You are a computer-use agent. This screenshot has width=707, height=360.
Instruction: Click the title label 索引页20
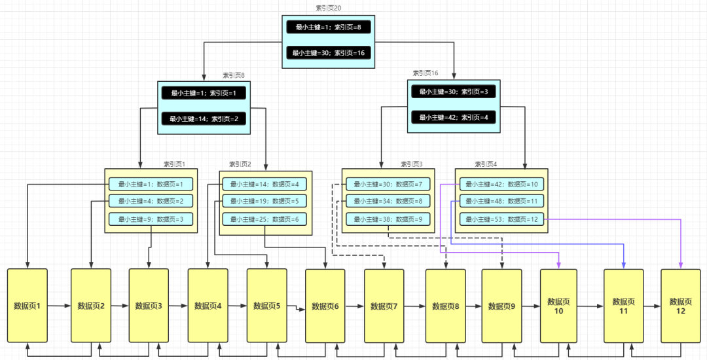[329, 8]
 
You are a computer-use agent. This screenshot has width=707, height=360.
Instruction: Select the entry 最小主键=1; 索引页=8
[329, 27]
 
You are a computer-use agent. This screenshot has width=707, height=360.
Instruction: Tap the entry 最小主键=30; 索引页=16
[329, 53]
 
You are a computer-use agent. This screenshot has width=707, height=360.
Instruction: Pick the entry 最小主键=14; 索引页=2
[204, 119]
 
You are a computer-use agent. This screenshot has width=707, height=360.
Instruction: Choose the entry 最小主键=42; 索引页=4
[454, 117]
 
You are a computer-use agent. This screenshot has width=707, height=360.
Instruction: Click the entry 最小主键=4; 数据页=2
[151, 201]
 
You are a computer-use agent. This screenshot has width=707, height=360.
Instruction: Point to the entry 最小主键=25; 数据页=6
[264, 219]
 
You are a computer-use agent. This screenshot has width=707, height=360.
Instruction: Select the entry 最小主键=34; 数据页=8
[388, 201]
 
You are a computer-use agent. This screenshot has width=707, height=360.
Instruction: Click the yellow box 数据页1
[27, 306]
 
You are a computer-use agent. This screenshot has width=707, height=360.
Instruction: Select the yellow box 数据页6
[325, 306]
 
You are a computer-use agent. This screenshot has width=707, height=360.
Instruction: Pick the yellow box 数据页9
[501, 306]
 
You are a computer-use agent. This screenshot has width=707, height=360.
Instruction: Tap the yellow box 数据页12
[681, 306]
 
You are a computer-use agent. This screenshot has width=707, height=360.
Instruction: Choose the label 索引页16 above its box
[425, 73]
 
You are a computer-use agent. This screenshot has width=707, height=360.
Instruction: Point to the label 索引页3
[412, 164]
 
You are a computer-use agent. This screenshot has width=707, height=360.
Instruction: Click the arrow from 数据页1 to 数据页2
[59, 306]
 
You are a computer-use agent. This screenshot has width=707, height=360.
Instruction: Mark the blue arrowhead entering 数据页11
[623, 265]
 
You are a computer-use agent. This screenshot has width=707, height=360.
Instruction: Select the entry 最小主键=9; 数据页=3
[151, 219]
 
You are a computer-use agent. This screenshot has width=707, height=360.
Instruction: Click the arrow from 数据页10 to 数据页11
[590, 306]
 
